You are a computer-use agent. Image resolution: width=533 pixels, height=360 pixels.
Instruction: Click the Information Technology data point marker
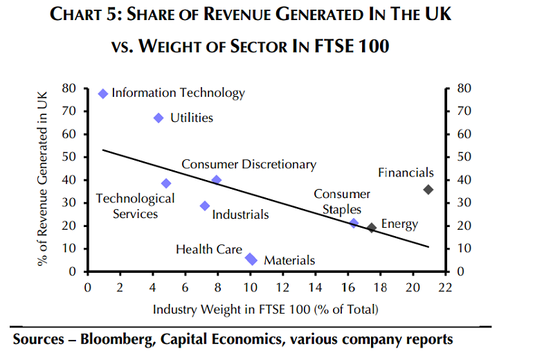103,93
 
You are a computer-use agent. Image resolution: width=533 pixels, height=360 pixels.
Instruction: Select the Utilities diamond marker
159,118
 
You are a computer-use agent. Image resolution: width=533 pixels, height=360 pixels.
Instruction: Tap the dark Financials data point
428,189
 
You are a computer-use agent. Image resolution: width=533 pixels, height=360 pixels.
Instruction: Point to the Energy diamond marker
372,227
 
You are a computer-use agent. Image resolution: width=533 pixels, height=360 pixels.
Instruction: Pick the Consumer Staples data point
354,223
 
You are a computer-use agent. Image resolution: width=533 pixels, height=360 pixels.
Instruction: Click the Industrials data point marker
205,206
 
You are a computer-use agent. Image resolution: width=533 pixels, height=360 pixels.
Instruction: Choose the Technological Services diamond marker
166,183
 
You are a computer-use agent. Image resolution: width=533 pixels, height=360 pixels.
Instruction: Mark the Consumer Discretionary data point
216,180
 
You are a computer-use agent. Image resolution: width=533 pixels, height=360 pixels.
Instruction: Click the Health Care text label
209,249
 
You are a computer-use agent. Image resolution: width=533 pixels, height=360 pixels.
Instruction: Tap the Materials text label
289,260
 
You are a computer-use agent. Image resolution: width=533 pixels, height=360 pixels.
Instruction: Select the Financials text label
406,173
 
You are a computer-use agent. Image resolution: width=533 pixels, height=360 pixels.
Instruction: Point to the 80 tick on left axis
69,88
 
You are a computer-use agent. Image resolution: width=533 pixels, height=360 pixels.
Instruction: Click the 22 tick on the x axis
446,286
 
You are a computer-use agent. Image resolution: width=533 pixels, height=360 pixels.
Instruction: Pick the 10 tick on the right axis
461,249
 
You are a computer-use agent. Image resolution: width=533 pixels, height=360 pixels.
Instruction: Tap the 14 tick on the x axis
316,286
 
